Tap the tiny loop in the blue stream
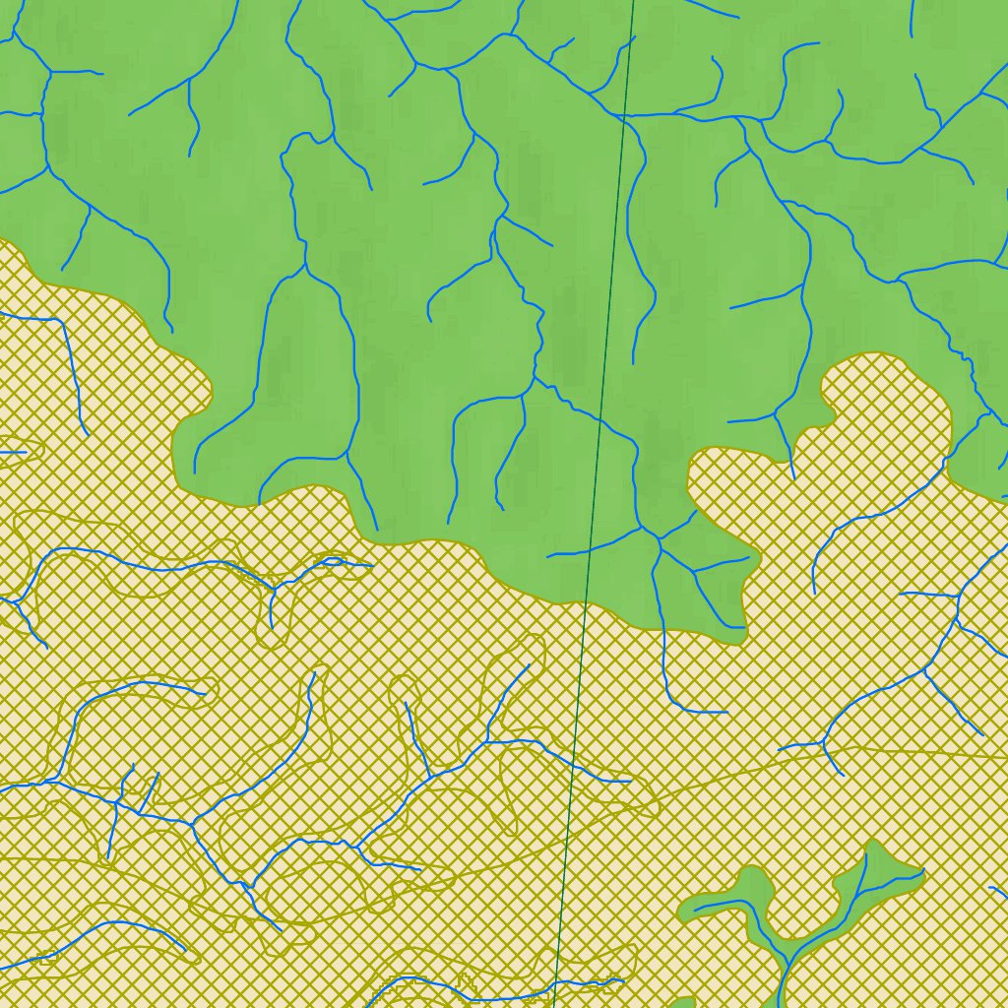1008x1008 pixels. (333, 561)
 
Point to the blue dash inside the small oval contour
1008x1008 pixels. (14, 452)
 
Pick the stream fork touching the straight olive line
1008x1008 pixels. (825, 745)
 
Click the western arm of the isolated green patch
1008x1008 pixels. (709, 906)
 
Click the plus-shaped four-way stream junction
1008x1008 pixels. (117, 802)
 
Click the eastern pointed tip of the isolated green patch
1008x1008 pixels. (923, 870)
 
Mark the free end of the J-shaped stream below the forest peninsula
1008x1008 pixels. (726, 712)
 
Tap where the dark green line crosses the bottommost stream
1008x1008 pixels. (556, 985)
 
